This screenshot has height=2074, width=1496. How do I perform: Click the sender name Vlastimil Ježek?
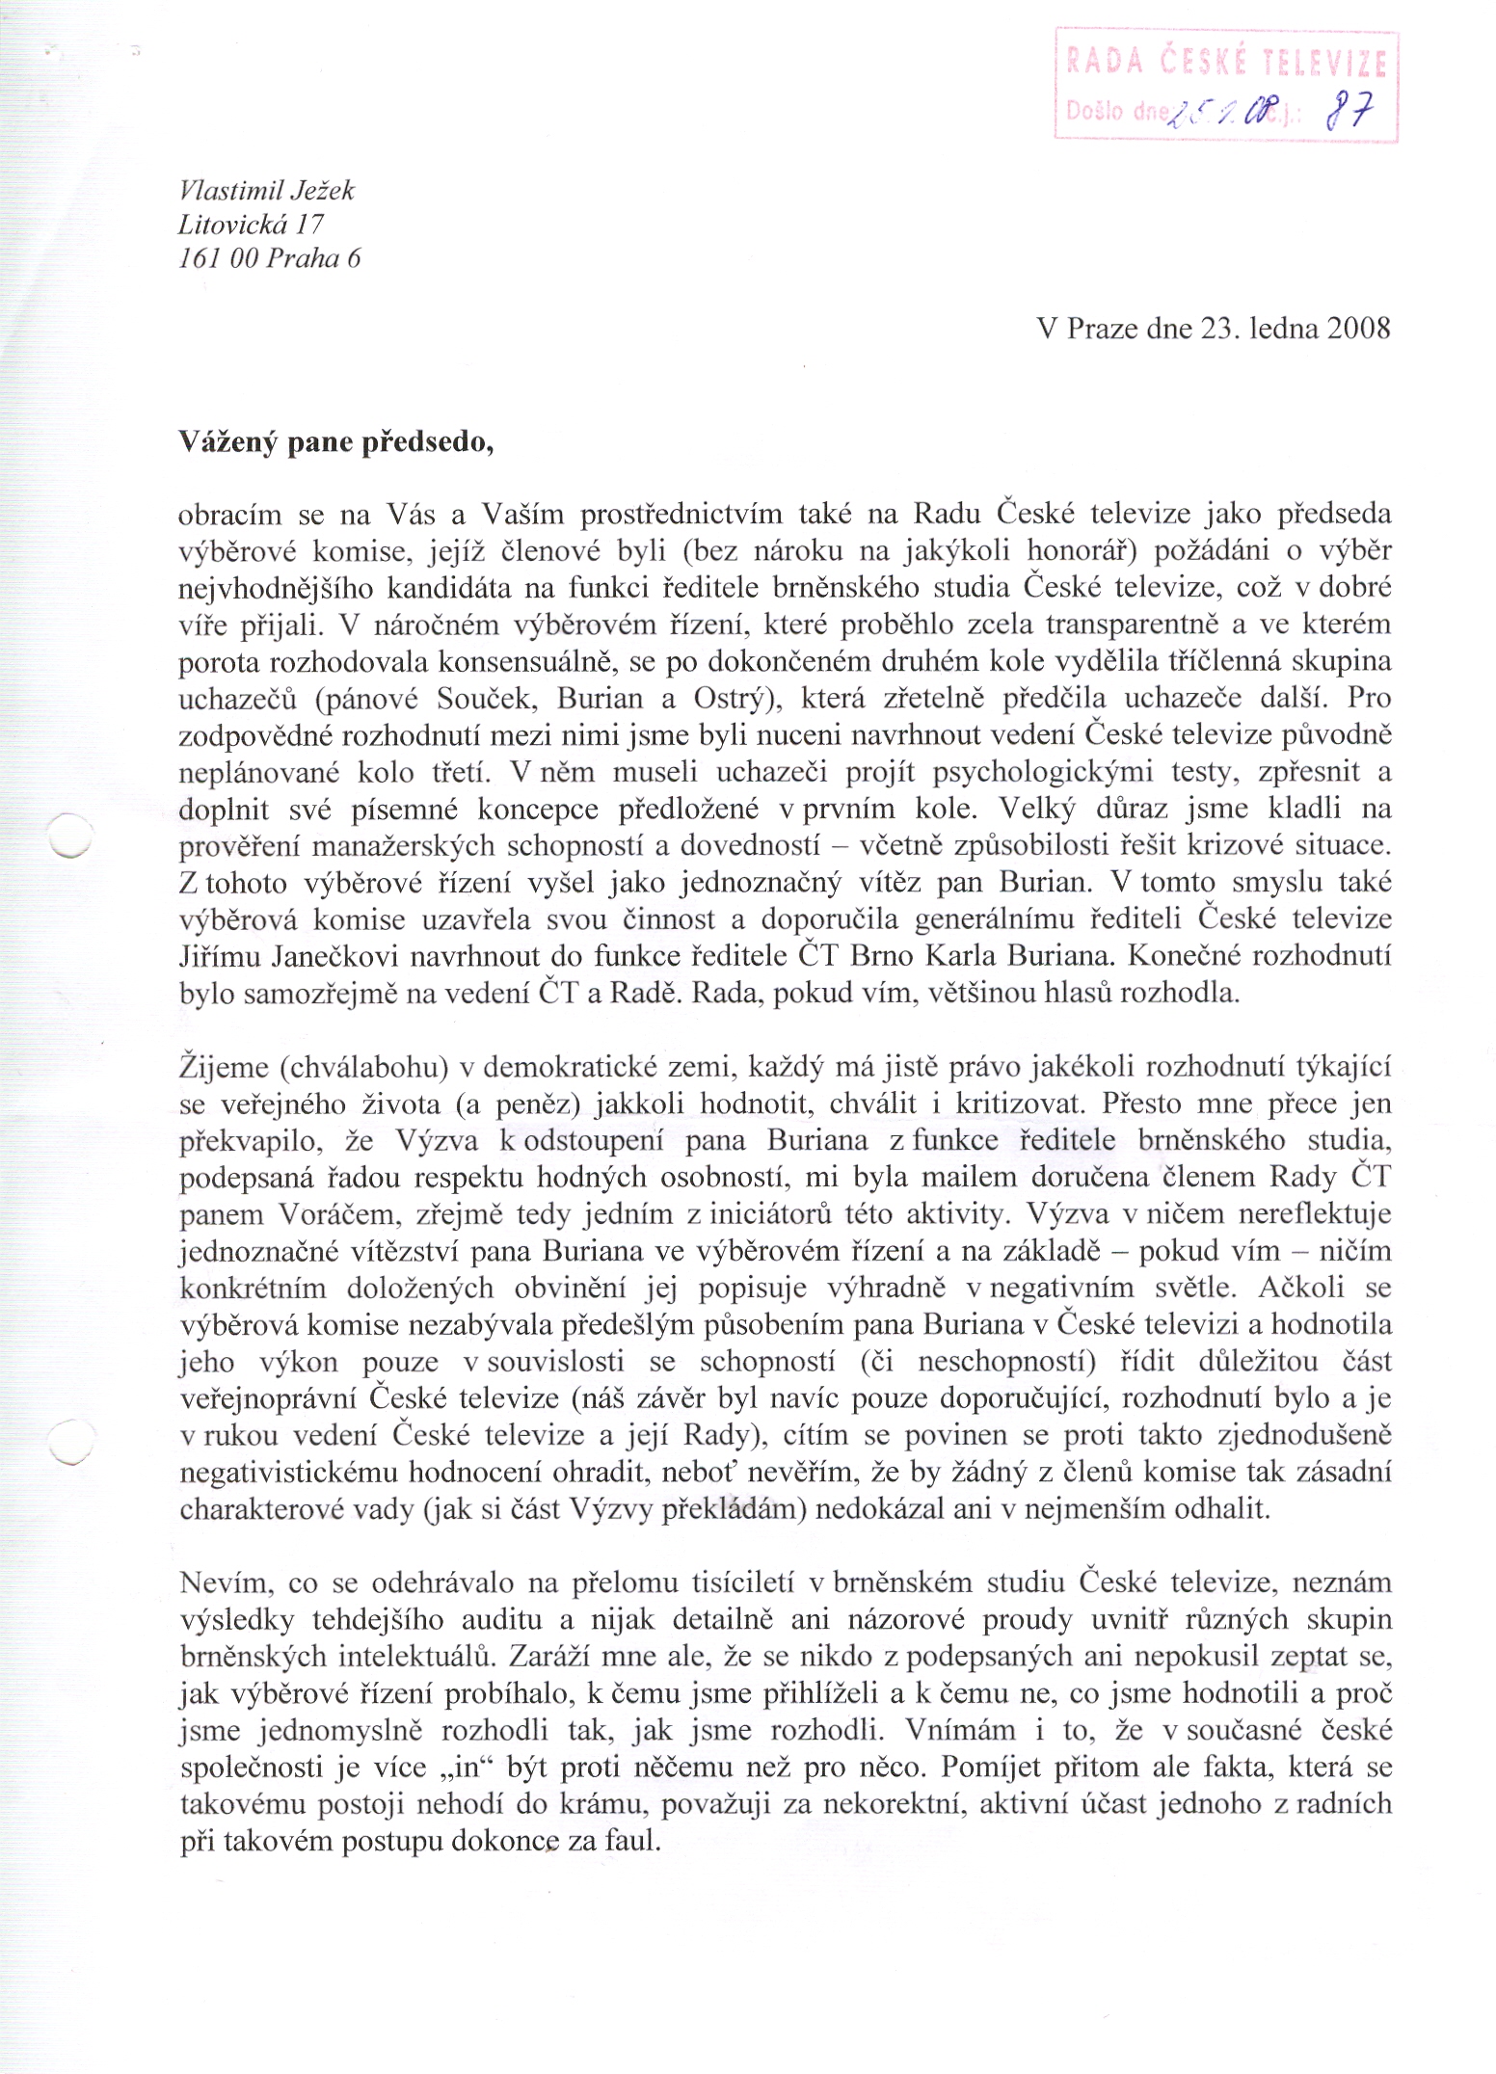pos(267,191)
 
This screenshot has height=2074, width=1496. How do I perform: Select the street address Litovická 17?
pos(252,225)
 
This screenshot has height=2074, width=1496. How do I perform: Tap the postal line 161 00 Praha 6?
pos(270,258)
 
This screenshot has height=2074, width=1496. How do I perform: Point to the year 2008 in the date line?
pos(1358,329)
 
